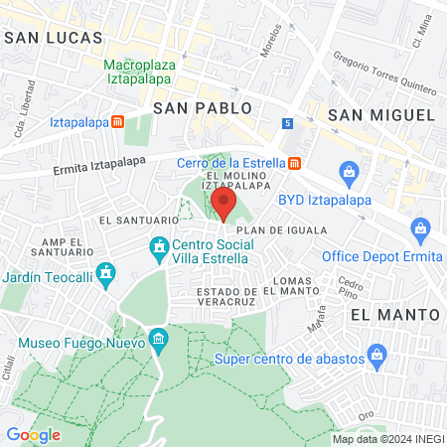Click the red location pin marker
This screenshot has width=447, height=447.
click(x=223, y=203)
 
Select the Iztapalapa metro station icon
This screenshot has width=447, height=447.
click(x=117, y=123)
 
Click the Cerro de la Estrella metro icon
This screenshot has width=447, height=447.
click(x=295, y=163)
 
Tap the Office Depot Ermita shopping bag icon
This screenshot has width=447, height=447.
click(x=420, y=228)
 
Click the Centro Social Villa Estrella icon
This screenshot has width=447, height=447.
click(x=157, y=245)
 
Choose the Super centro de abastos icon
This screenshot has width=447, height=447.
click(x=375, y=354)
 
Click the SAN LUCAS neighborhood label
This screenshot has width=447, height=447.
click(x=54, y=37)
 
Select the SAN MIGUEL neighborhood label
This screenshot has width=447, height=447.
click(x=382, y=114)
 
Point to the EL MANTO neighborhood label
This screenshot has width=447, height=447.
click(x=395, y=314)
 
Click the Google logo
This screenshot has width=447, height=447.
click(x=34, y=434)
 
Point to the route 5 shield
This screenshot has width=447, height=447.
click(x=287, y=123)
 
